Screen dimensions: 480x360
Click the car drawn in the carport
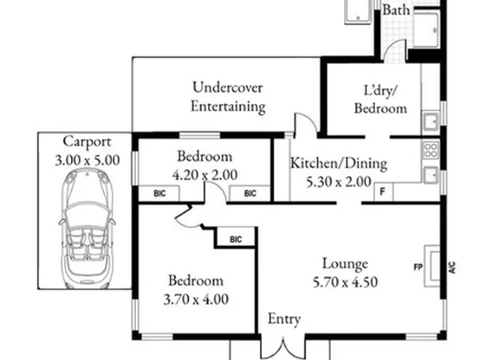[x=87, y=229]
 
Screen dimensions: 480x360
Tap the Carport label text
[x=87, y=142]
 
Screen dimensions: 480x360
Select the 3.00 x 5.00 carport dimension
[x=87, y=161]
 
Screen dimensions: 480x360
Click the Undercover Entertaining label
[x=228, y=97]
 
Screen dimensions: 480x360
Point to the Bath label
[x=396, y=10]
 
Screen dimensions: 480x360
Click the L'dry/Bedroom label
[x=381, y=99]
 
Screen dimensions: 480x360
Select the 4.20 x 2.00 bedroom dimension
[x=205, y=175]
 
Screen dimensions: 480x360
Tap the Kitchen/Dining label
[x=339, y=163]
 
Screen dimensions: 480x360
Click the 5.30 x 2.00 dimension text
[x=339, y=182]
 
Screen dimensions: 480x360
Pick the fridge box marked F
[x=383, y=192]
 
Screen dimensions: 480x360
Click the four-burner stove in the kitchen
[x=431, y=150]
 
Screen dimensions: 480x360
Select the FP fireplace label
[x=418, y=267]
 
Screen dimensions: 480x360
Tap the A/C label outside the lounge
[x=452, y=267]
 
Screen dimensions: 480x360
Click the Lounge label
[x=345, y=264]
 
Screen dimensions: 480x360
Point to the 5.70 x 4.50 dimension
[x=345, y=282]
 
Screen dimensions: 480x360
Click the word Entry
[x=284, y=319]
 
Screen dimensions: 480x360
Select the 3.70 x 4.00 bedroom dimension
[x=196, y=299]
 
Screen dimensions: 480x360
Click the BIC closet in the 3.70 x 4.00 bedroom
[x=235, y=237]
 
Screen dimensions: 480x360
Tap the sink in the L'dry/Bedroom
[x=431, y=121]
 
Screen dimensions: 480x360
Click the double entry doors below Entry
[x=283, y=349]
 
